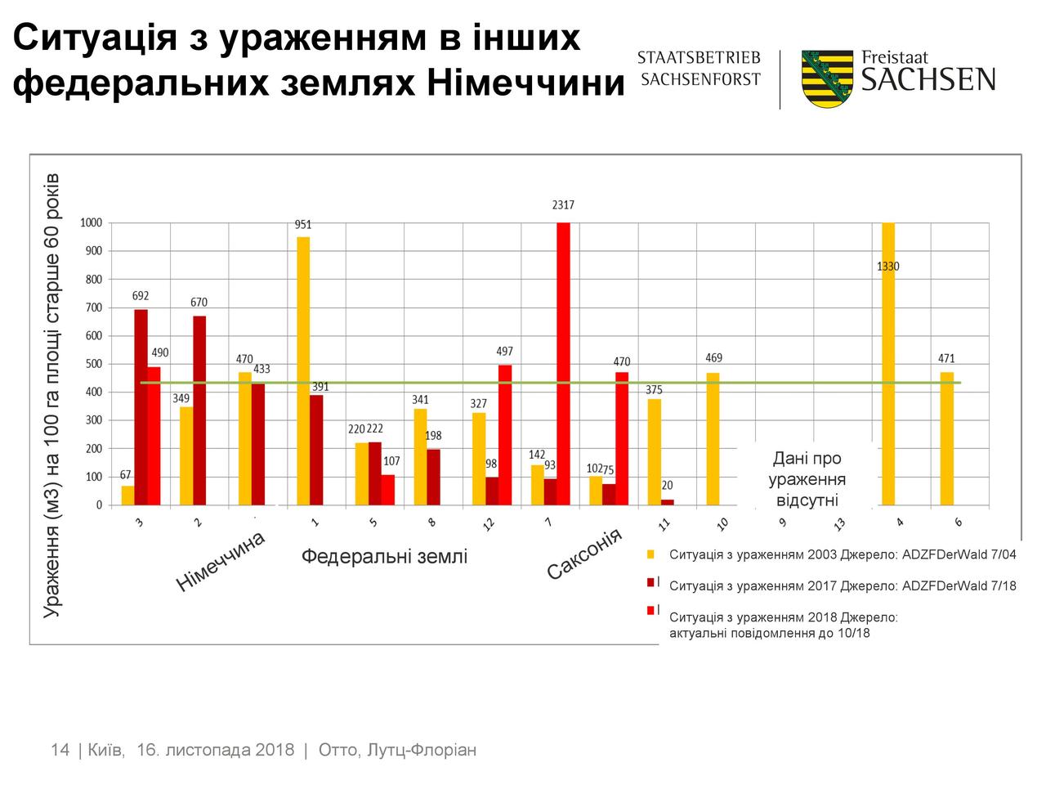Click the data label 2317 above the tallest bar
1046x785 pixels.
tap(563, 206)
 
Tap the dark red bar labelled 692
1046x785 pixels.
tap(141, 406)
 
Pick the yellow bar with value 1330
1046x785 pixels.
tap(888, 364)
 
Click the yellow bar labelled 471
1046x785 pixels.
tap(947, 438)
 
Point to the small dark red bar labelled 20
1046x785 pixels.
tap(668, 502)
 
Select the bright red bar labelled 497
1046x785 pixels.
tap(505, 434)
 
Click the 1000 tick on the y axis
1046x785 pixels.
tap(92, 223)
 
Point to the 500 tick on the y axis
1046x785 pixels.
tap(95, 364)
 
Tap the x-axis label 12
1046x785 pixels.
tap(489, 524)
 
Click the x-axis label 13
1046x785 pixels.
tap(840, 524)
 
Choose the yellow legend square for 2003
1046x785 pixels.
tap(651, 554)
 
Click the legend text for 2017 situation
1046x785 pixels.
tap(843, 585)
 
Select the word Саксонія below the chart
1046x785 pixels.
tap(584, 554)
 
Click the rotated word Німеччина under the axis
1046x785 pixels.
tap(221, 561)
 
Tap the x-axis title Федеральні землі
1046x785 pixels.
tap(384, 557)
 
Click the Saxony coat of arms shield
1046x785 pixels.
tap(827, 78)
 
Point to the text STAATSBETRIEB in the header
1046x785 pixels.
tap(699, 58)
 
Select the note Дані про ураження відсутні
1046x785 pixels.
tap(807, 479)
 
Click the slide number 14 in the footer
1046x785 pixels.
tap(60, 750)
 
